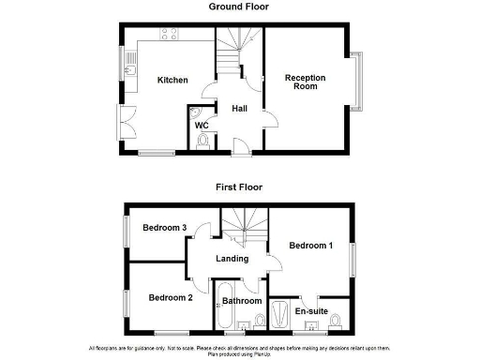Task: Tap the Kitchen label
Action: [172, 80]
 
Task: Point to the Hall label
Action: [239, 107]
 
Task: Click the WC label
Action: [202, 126]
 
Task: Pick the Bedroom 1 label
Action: [310, 246]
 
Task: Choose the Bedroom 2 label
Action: [171, 298]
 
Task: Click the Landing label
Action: [232, 259]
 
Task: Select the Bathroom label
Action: [242, 301]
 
